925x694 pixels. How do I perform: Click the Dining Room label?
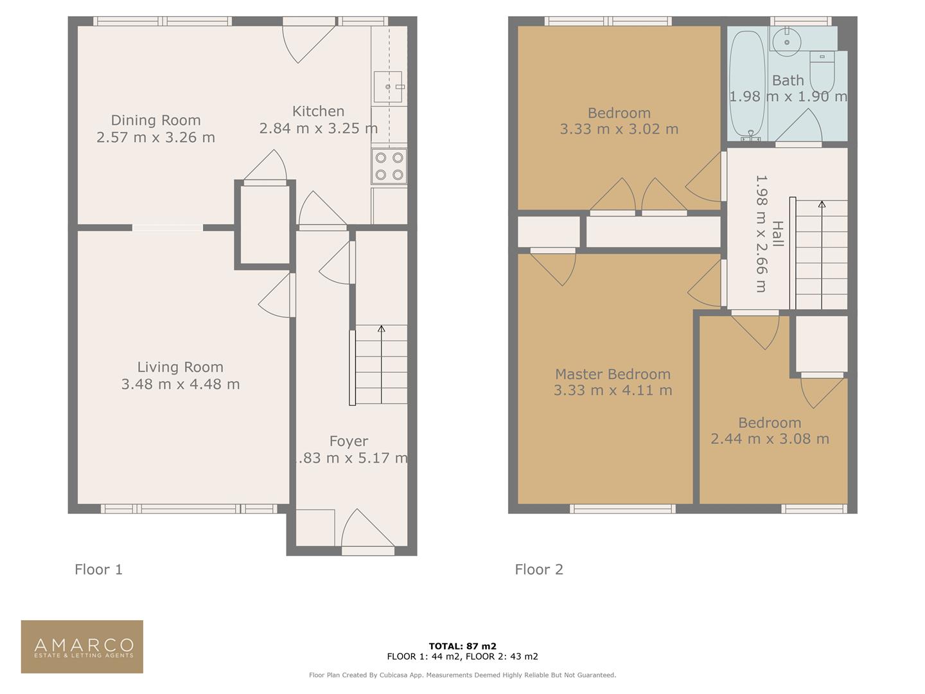point(155,120)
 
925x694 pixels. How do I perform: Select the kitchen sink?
point(387,87)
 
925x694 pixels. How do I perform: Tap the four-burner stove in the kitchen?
point(389,166)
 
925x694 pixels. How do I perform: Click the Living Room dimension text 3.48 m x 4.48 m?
point(181,384)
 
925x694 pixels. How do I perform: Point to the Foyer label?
point(349,441)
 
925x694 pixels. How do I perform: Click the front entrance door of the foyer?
point(367,533)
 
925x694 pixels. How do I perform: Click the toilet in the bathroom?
point(822,72)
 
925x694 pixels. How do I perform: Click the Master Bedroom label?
point(612,374)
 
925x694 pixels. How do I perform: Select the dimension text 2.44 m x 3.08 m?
point(770,439)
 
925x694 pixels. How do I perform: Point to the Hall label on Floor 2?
point(778,234)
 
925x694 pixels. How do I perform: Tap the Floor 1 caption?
point(98,569)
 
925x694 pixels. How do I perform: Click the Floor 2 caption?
point(539,569)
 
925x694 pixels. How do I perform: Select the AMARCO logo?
point(82,646)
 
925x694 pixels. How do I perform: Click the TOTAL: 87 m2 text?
point(463,646)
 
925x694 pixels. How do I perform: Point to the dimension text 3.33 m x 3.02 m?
point(619,129)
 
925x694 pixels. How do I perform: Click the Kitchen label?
point(318,111)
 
